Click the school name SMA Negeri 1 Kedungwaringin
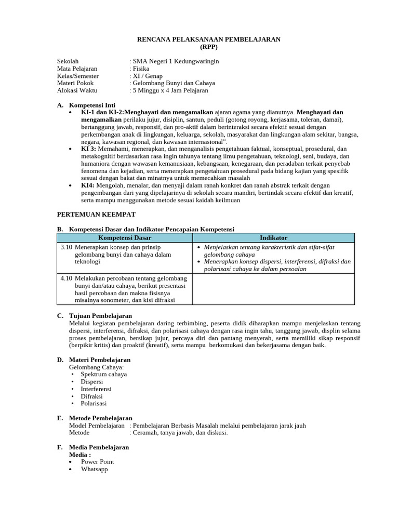point(176,61)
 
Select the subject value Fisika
point(141,69)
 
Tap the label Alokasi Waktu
point(77,90)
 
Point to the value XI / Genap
point(148,76)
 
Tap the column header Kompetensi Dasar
point(125,237)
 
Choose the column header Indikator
point(273,237)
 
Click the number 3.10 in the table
point(66,247)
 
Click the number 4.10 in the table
point(66,278)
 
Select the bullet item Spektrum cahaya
point(103,374)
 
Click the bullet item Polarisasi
point(94,403)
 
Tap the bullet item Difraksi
point(92,396)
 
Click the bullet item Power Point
point(97,461)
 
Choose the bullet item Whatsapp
point(94,469)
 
